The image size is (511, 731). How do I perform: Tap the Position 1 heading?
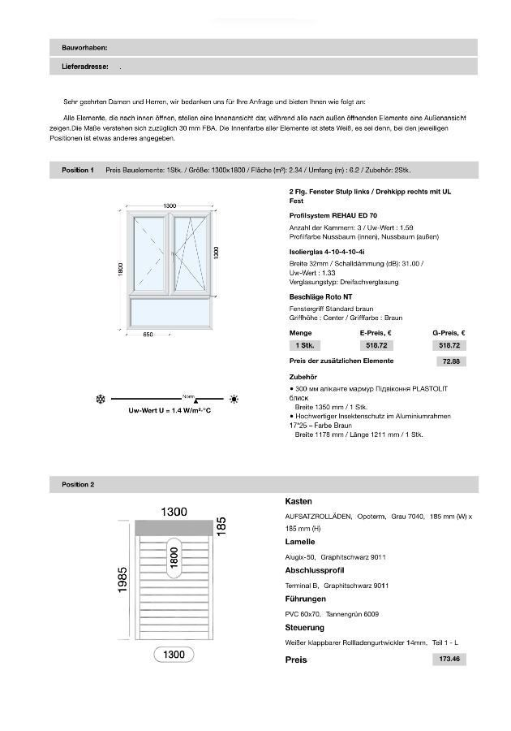(78, 170)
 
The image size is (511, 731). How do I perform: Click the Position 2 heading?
(78, 484)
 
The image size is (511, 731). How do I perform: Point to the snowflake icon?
(101, 399)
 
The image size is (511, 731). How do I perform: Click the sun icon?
(234, 399)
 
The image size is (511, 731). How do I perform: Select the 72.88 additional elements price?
(449, 361)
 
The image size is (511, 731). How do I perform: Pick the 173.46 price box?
(449, 660)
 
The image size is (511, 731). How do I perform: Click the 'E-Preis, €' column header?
(376, 333)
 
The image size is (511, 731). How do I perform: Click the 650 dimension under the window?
(148, 335)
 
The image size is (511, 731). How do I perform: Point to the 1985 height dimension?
(122, 580)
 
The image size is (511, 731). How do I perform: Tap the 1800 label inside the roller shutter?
(174, 556)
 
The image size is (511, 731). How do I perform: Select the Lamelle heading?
(299, 541)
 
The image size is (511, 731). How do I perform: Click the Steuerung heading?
(304, 627)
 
